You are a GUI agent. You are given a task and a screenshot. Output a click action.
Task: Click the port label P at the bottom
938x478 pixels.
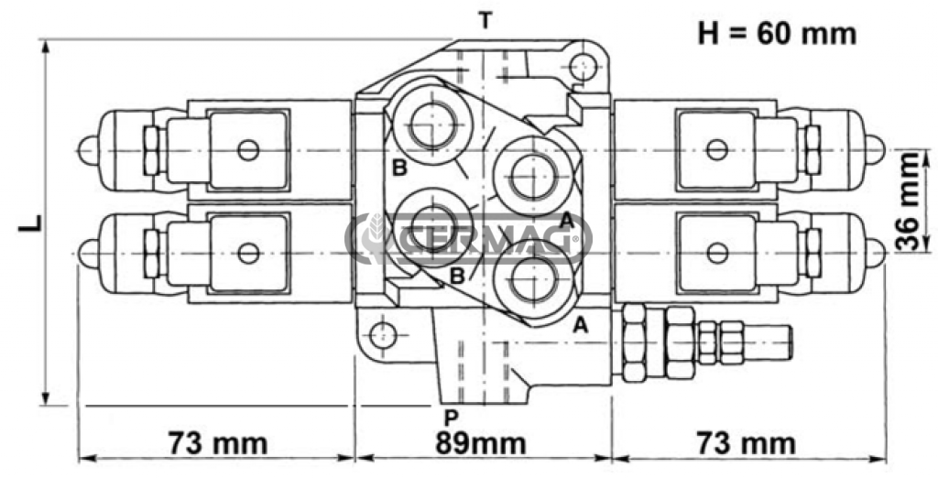[x=450, y=417]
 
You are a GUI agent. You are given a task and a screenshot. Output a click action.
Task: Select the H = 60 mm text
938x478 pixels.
[x=777, y=34]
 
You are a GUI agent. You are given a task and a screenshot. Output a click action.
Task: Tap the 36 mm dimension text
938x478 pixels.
[x=907, y=201]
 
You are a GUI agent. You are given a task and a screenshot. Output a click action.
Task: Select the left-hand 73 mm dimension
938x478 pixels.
[x=217, y=444]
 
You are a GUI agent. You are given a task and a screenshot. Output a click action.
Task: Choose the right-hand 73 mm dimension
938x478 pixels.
[x=746, y=444]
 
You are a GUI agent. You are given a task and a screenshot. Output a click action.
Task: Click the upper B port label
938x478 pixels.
[x=399, y=168]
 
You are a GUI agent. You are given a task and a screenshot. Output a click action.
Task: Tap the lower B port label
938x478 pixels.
[x=455, y=275]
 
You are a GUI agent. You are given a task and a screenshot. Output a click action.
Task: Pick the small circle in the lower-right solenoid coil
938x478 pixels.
[x=715, y=253]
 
